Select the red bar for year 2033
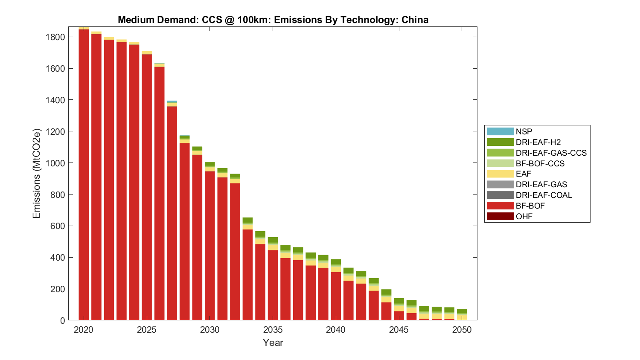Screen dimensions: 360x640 [x=247, y=275]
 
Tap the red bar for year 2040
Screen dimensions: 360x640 [x=336, y=296]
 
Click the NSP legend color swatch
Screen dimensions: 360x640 [x=500, y=131]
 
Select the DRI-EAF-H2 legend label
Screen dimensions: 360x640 [x=538, y=142]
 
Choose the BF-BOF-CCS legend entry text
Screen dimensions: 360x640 [x=540, y=163]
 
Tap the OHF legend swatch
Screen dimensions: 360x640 [x=500, y=216]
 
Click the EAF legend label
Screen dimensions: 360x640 [x=524, y=174]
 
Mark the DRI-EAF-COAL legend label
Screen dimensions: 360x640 [x=544, y=195]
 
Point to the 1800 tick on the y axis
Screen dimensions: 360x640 [x=55, y=37]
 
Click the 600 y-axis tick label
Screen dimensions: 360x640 [x=58, y=226]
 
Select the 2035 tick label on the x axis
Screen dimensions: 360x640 [x=273, y=330]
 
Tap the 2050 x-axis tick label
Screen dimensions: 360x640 [x=462, y=330]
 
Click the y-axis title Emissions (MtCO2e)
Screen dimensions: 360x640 [x=36, y=173]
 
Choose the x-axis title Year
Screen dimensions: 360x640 [x=273, y=343]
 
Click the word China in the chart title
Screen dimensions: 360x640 [x=415, y=20]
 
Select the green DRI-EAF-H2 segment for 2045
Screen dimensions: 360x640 [x=399, y=301]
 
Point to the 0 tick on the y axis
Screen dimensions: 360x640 [x=63, y=320]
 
